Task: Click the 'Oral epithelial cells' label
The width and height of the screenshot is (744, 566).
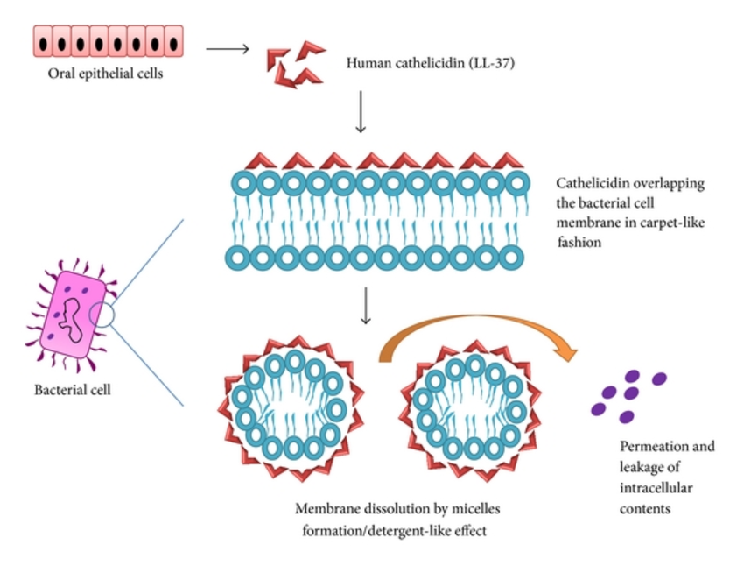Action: pos(106,73)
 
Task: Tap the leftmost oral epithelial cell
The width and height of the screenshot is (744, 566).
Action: pos(43,42)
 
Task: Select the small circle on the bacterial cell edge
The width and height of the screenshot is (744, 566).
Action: pos(102,315)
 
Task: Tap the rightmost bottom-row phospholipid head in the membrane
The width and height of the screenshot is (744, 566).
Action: pos(517,259)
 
